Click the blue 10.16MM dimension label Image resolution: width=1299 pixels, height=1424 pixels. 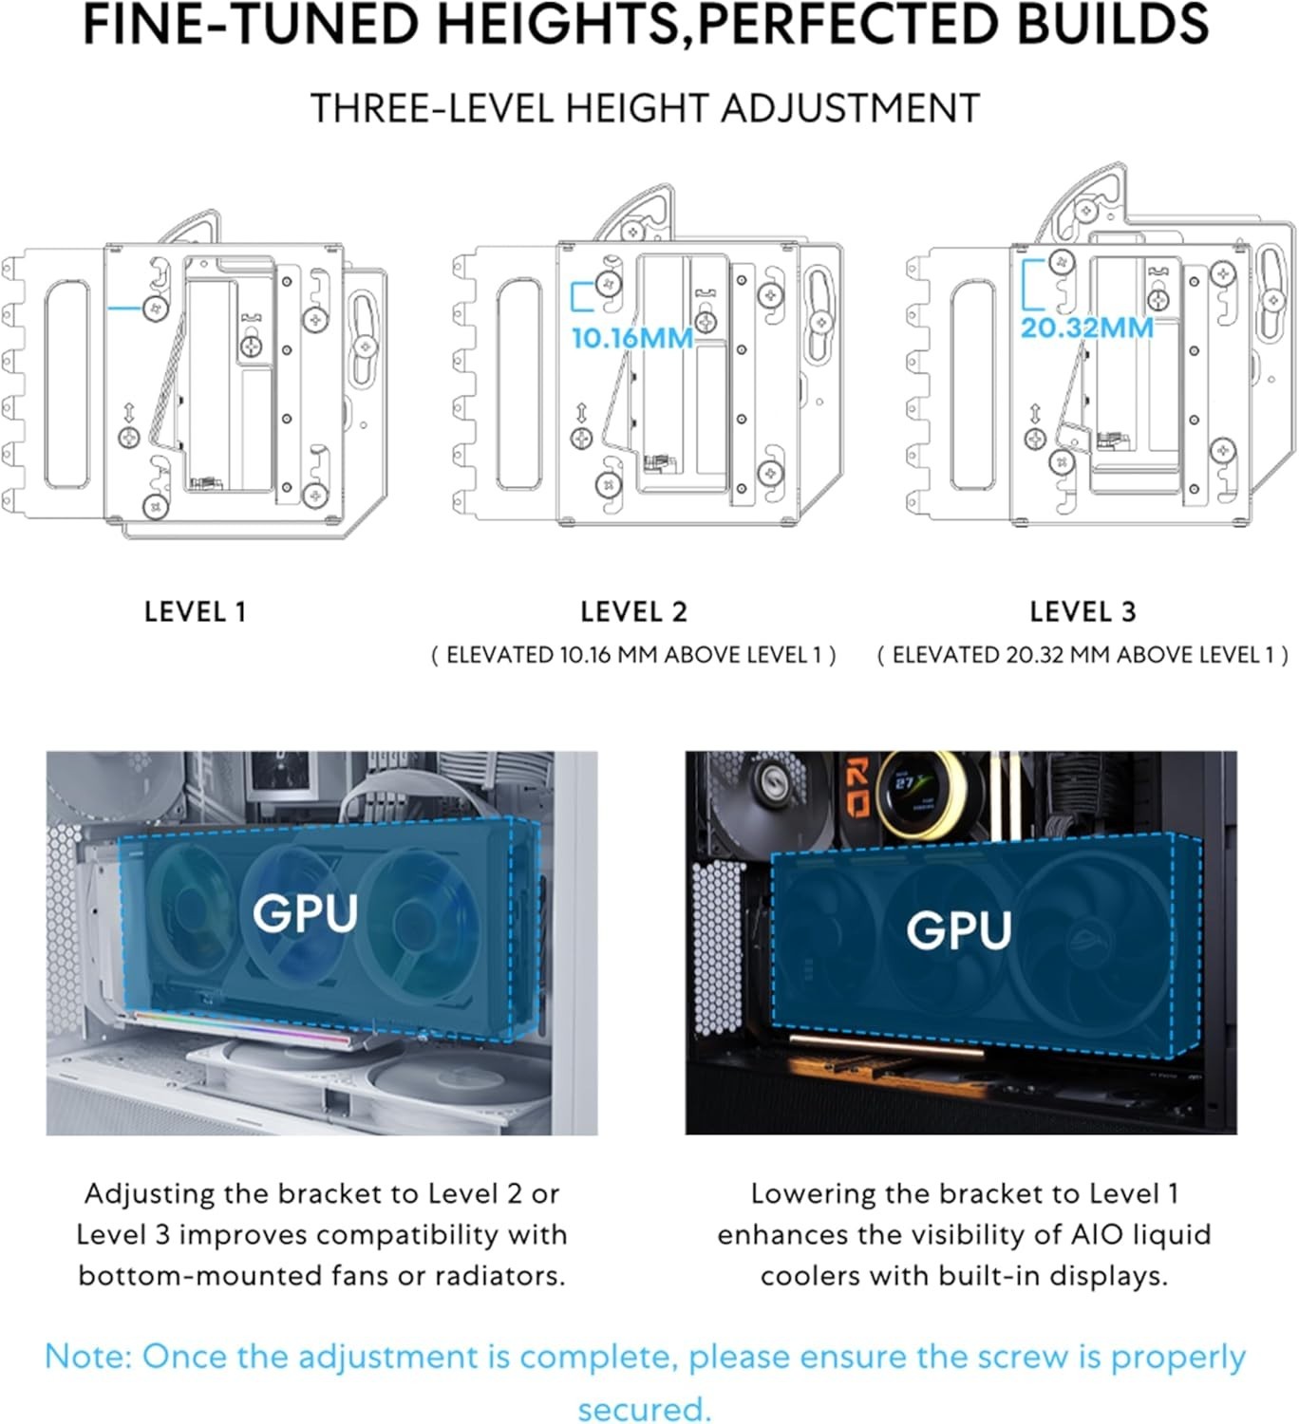[632, 338]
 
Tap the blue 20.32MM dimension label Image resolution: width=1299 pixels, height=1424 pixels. [1086, 328]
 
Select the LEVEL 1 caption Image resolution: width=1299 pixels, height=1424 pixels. [196, 612]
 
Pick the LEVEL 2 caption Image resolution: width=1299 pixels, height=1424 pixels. [634, 612]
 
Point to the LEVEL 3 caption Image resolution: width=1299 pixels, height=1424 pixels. [1083, 612]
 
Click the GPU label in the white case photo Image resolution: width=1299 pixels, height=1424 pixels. [306, 913]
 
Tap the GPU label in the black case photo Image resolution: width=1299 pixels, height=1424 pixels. [959, 930]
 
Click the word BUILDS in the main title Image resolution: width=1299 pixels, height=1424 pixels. [1113, 24]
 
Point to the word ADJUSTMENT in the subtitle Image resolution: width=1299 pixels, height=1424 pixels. [850, 108]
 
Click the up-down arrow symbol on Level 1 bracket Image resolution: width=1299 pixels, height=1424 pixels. [128, 412]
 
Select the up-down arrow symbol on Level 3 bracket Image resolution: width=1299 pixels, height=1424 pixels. [1035, 413]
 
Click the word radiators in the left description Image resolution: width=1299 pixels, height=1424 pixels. [500, 1276]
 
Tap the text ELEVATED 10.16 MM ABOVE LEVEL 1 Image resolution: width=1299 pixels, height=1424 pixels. [633, 654]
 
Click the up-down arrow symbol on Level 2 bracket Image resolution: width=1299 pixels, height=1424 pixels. [582, 413]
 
